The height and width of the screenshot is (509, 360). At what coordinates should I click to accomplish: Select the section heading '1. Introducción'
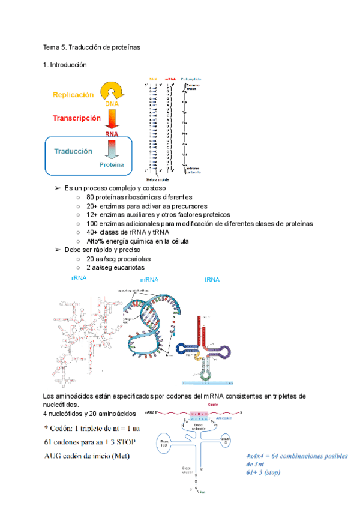coord(65,65)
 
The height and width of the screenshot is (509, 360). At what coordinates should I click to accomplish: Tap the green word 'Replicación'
coord(73,95)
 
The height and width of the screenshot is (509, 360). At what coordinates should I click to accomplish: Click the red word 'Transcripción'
coord(76,118)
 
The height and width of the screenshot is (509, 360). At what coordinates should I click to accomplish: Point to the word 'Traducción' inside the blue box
coord(73,152)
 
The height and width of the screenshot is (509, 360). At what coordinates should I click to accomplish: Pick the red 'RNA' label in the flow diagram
coord(111,134)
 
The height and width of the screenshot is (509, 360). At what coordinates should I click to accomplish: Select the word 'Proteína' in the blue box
coord(112,164)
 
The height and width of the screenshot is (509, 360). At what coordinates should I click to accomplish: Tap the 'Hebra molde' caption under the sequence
coord(158,179)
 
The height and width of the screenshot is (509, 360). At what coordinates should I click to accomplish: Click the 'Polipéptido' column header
coord(191,79)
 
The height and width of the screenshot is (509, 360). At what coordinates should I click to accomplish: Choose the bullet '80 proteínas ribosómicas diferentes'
coord(139,197)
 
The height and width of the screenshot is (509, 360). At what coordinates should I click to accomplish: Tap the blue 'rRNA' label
coord(79,279)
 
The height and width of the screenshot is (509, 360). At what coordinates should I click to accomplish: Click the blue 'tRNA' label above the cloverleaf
coord(212,280)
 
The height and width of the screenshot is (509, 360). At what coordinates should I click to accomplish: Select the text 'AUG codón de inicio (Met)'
coord(87,456)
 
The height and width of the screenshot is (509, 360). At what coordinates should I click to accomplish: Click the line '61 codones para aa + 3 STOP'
coord(90,442)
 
